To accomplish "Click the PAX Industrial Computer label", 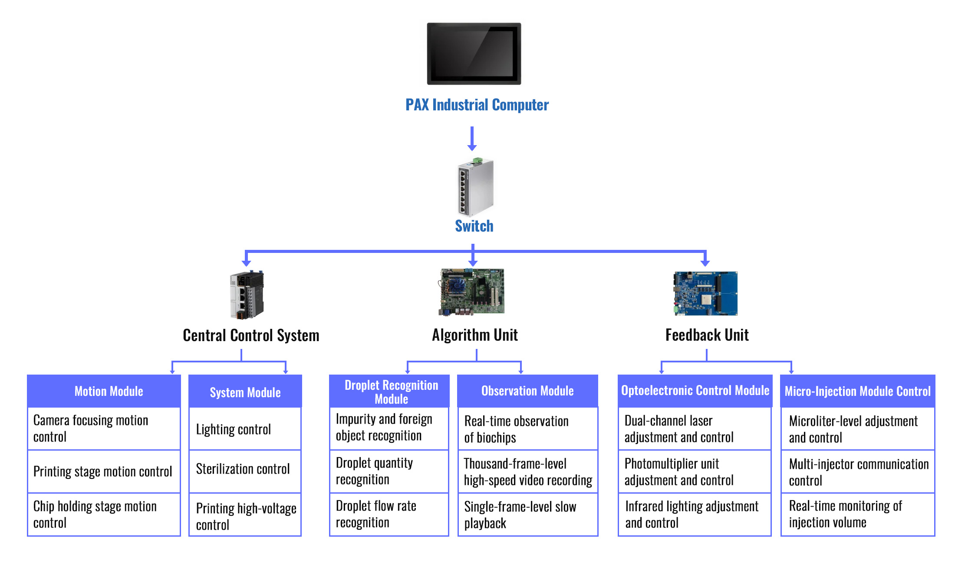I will pyautogui.click(x=477, y=105).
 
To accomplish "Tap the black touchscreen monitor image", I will pyautogui.click(x=474, y=53).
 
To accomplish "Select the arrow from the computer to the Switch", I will pyautogui.click(x=472, y=139).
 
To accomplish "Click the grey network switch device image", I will pyautogui.click(x=476, y=188).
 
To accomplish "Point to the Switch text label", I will pyautogui.click(x=474, y=226).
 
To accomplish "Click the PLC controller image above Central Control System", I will pyautogui.click(x=247, y=295).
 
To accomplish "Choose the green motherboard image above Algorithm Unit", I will pyautogui.click(x=472, y=292).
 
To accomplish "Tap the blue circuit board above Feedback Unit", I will pyautogui.click(x=706, y=293).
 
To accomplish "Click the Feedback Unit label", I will pyautogui.click(x=707, y=335).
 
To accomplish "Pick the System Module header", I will pyautogui.click(x=245, y=392).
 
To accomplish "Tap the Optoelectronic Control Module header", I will pyautogui.click(x=695, y=391).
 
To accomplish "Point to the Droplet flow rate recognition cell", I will pyautogui.click(x=389, y=514).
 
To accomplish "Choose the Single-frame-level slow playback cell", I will pyautogui.click(x=528, y=515).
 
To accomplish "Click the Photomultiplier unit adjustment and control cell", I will pyautogui.click(x=695, y=471).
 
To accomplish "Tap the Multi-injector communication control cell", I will pyautogui.click(x=858, y=472).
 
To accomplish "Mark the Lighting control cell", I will pyautogui.click(x=245, y=429).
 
